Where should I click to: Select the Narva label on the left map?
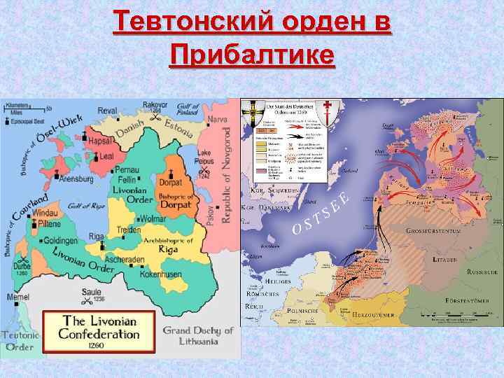pos(218,120)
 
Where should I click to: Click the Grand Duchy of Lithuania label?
pos(198,336)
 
